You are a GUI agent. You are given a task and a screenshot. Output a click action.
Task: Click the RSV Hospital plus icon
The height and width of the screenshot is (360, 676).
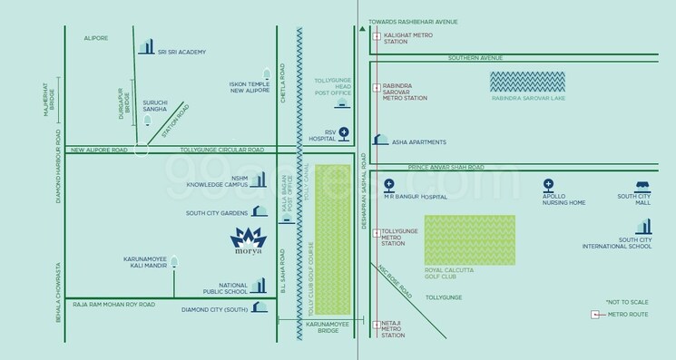pyautogui.click(x=343, y=132)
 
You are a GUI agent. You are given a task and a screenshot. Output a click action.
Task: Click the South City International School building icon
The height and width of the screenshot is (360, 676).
pyautogui.click(x=645, y=229)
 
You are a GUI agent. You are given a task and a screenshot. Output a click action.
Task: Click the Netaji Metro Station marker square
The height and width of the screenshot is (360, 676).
pyautogui.click(x=376, y=324)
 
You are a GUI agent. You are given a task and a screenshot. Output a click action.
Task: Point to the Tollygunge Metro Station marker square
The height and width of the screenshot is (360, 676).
pyautogui.click(x=376, y=232)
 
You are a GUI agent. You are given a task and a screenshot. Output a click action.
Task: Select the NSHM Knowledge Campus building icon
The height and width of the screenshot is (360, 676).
pyautogui.click(x=259, y=180)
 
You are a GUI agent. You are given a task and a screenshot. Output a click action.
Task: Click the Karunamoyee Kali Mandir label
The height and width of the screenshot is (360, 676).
pyautogui.click(x=147, y=263)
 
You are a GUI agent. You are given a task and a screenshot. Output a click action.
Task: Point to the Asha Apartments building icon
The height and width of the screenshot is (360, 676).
pyautogui.click(x=381, y=141)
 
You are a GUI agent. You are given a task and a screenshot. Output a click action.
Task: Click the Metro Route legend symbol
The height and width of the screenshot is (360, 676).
pyautogui.click(x=594, y=314)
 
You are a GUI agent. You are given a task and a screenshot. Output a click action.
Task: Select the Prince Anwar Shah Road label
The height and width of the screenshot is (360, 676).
pyautogui.click(x=446, y=167)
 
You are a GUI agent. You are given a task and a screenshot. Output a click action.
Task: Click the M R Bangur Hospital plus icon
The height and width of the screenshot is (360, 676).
pyautogui.click(x=389, y=184)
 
